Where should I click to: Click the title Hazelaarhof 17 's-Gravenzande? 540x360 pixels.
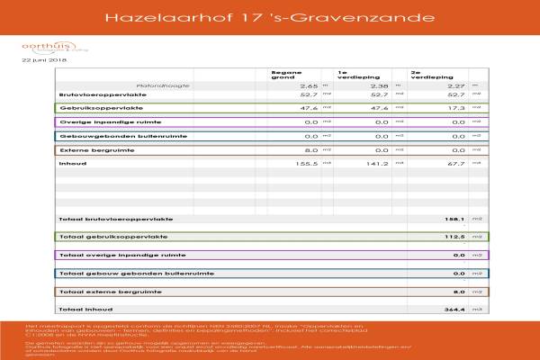pyautogui.click(x=269, y=17)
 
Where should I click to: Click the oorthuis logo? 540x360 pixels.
pyautogui.click(x=41, y=46)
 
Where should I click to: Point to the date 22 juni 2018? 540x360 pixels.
pyautogui.click(x=44, y=60)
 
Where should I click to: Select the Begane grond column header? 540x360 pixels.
pyautogui.click(x=286, y=74)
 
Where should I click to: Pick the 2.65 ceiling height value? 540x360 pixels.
pyautogui.click(x=310, y=85)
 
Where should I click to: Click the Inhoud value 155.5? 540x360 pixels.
pyautogui.click(x=307, y=164)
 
